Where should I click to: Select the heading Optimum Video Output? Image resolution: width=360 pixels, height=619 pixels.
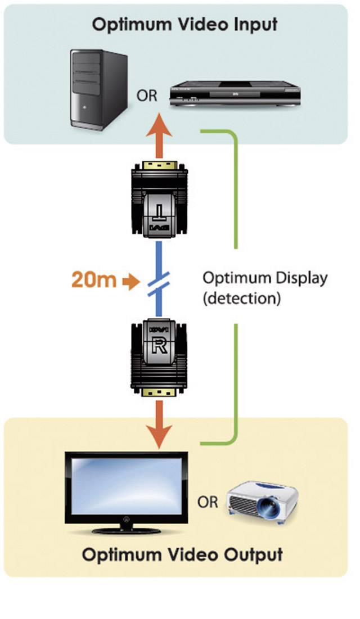pyautogui.click(x=182, y=555)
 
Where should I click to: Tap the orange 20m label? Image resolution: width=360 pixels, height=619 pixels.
pyautogui.click(x=93, y=280)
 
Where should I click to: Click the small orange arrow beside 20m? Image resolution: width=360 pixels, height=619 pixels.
pyautogui.click(x=131, y=281)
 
